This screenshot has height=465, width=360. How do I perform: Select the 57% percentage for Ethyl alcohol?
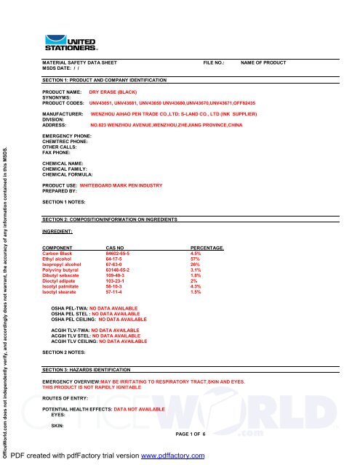tap(194, 258)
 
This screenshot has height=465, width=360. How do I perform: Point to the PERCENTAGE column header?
tap(207, 247)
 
